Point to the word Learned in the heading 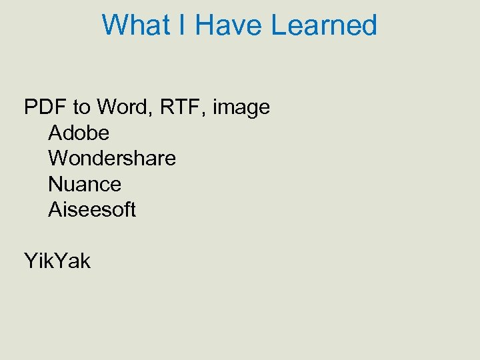325,25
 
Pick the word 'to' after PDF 81,107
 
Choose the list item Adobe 79,133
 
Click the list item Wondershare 112,158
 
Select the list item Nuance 85,184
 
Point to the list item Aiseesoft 92,209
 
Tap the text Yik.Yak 57,261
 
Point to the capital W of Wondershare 58,158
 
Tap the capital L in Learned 279,25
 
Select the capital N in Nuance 55,184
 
